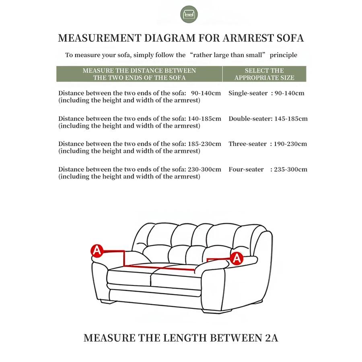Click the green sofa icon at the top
(189, 14)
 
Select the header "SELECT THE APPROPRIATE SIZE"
(264, 74)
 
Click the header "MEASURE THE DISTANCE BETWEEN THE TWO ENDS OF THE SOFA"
(139, 74)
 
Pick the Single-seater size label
(248, 93)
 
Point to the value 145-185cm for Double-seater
(291, 119)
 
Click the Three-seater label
(247, 144)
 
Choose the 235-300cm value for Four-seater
(290, 169)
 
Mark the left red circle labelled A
(97, 251)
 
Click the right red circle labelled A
(237, 257)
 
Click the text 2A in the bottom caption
(271, 338)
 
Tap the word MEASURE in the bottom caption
(109, 338)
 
